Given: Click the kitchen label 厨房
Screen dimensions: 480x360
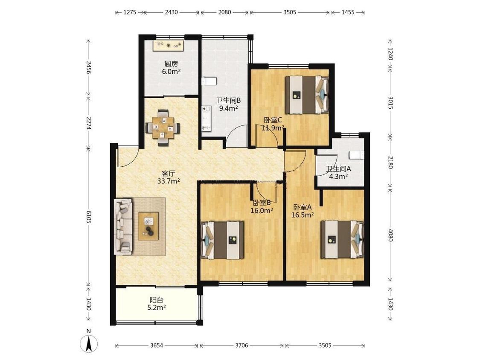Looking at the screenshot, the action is pyautogui.click(x=171, y=64).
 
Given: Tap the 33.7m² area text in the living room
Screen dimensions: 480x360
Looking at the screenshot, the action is pyautogui.click(x=169, y=181).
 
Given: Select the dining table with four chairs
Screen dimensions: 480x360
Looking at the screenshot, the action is pyautogui.click(x=163, y=128).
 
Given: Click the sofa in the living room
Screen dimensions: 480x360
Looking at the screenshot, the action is pyautogui.click(x=123, y=226).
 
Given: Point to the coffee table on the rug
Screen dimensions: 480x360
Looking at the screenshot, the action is pyautogui.click(x=148, y=226).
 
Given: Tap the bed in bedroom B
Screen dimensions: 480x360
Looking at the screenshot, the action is pyautogui.click(x=222, y=240).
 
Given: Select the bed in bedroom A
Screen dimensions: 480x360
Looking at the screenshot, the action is pyautogui.click(x=342, y=240).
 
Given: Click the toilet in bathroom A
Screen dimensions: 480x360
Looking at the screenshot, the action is pyautogui.click(x=357, y=155).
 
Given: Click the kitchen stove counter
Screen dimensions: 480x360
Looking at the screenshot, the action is pyautogui.click(x=169, y=46).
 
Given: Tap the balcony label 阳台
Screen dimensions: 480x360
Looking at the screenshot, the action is pyautogui.click(x=157, y=300).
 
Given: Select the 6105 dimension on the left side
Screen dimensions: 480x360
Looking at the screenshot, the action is pyautogui.click(x=88, y=217).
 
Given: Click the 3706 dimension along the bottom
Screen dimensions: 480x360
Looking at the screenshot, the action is pyautogui.click(x=241, y=345).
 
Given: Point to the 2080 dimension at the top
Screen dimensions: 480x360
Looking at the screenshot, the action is pyautogui.click(x=224, y=12).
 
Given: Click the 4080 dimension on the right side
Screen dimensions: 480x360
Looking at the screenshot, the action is pyautogui.click(x=390, y=235).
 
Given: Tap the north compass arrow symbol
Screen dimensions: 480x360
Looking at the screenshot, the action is pyautogui.click(x=89, y=343).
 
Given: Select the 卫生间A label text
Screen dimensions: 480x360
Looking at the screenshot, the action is pyautogui.click(x=338, y=168).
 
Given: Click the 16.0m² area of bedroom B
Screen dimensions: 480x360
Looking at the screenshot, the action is pyautogui.click(x=262, y=210).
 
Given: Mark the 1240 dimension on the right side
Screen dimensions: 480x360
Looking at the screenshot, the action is pyautogui.click(x=390, y=54).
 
